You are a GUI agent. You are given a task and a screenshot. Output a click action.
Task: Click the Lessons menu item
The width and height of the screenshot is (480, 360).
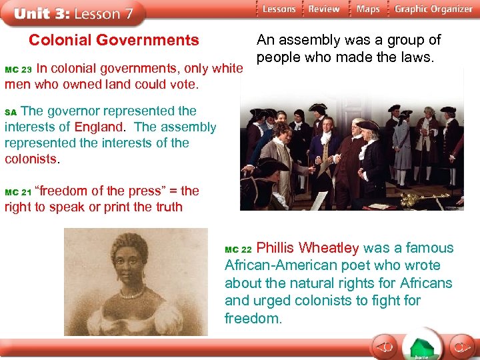tap(278, 9)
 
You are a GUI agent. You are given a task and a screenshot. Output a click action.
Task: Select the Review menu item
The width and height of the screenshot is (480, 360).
tap(324, 9)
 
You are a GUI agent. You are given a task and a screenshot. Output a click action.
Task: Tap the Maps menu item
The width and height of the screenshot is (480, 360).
tap(367, 9)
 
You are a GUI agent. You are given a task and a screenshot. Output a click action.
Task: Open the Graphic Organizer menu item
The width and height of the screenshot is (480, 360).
tap(433, 9)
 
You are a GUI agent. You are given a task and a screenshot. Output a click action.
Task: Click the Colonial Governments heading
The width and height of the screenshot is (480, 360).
tap(113, 41)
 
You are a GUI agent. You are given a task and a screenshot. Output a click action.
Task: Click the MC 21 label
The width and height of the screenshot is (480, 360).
tap(18, 193)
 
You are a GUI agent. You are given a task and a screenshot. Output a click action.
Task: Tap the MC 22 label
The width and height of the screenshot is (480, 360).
tap(238, 250)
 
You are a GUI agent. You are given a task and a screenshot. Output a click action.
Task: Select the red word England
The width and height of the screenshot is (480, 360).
tap(98, 127)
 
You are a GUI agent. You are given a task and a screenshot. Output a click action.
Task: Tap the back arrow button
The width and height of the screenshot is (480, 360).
tap(383, 347)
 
